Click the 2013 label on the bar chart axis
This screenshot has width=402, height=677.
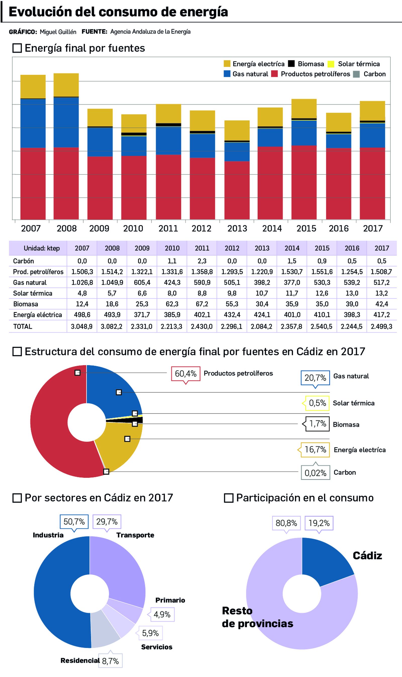click(x=237, y=229)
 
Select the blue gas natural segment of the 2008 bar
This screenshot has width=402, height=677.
click(x=66, y=122)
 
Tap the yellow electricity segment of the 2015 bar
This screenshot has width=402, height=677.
click(x=304, y=108)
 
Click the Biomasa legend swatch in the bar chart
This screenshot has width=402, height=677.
click(x=291, y=64)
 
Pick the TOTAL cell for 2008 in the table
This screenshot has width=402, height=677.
click(x=112, y=326)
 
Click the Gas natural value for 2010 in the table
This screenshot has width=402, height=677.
click(x=172, y=282)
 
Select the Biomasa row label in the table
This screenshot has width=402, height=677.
click(x=26, y=304)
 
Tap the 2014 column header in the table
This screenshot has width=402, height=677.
click(x=292, y=248)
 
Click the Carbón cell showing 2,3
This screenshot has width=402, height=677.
click(x=202, y=261)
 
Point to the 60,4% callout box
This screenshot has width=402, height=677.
click(x=186, y=374)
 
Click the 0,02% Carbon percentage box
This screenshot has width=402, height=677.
click(x=315, y=473)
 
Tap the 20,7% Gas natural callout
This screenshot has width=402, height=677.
click(x=315, y=378)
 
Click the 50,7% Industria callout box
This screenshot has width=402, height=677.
click(x=74, y=521)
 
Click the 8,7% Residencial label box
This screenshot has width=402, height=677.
click(x=111, y=661)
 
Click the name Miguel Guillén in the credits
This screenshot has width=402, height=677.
click(x=58, y=32)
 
